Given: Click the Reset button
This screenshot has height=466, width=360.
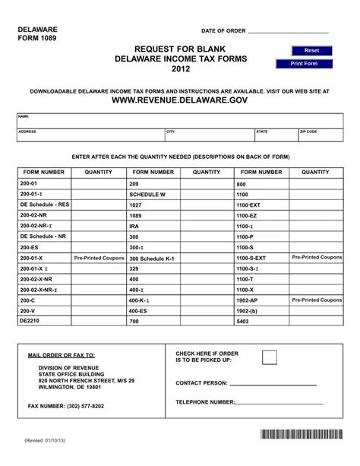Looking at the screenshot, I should point(311,49).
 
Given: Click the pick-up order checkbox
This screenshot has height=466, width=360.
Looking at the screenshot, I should point(270,358).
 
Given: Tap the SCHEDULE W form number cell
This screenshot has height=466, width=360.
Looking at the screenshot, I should point(153,195).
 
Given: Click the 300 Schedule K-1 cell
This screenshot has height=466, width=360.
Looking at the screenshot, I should point(153,258).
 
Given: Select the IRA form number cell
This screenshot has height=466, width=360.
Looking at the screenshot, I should point(153,227).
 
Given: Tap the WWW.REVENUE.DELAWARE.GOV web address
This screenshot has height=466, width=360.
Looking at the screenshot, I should point(179,100).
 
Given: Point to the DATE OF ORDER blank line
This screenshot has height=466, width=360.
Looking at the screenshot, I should point(289,32).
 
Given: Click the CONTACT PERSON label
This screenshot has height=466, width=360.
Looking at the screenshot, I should point(201,382).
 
